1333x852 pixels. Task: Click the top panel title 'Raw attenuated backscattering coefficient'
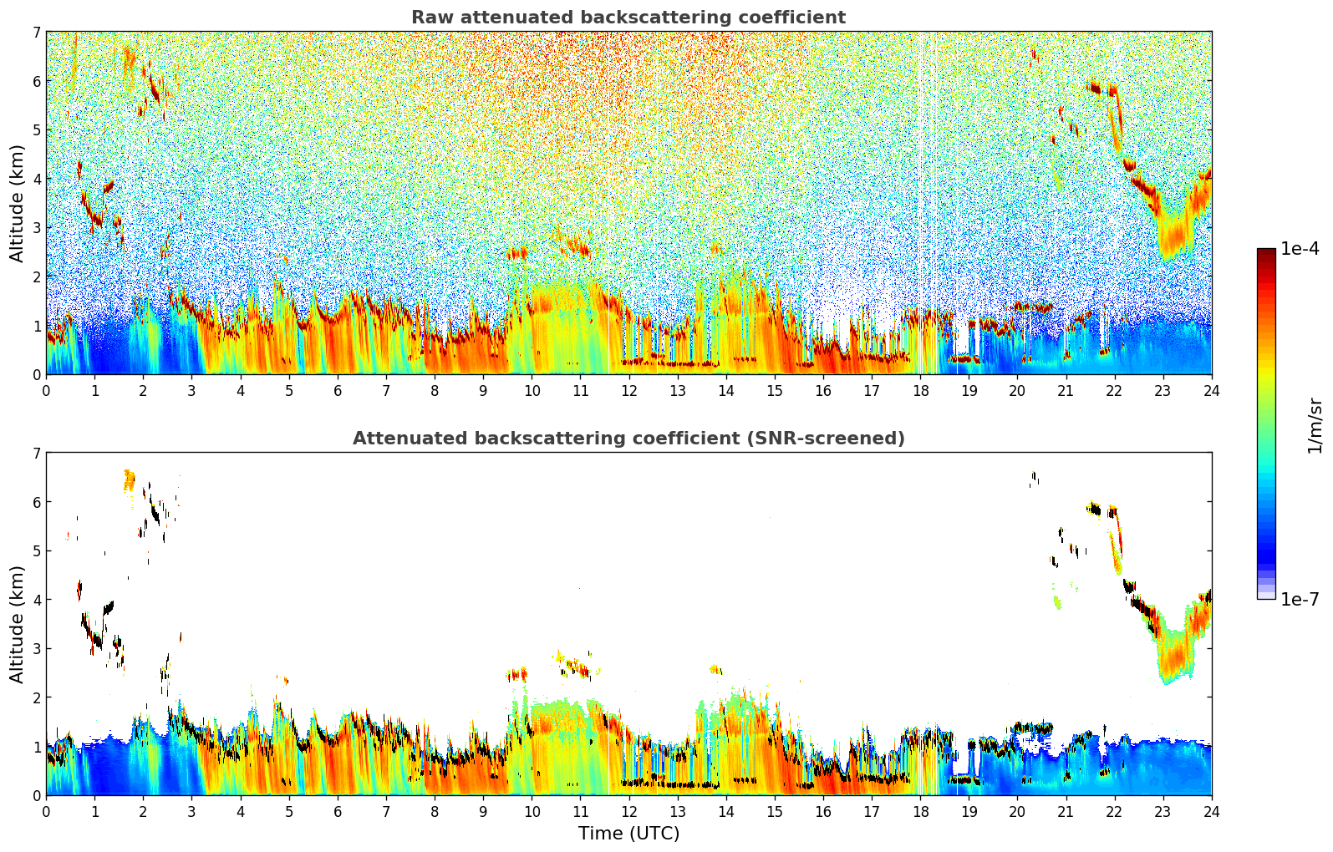(x=628, y=18)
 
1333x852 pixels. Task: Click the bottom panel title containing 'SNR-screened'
(x=628, y=439)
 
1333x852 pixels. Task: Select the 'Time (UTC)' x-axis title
(x=628, y=834)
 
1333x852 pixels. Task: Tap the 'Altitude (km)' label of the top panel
(x=17, y=203)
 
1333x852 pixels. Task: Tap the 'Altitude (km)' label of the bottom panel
(x=17, y=624)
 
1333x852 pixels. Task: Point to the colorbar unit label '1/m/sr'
(x=1315, y=426)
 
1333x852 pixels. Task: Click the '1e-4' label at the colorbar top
(x=1300, y=249)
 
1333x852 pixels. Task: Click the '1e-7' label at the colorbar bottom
(x=1300, y=599)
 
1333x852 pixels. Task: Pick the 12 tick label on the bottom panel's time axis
(x=628, y=812)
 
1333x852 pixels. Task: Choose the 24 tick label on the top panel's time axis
(x=1211, y=391)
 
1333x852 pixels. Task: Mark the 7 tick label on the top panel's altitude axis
(x=36, y=33)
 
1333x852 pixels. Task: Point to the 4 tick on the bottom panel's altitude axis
(x=36, y=600)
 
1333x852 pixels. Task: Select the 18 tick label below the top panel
(x=920, y=391)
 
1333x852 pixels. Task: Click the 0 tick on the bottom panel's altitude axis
(x=36, y=795)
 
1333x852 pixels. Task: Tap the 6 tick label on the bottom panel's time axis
(x=338, y=812)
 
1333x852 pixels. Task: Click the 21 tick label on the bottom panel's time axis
(x=1066, y=812)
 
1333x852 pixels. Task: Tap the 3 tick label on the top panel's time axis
(x=192, y=391)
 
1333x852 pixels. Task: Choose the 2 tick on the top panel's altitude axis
(x=36, y=276)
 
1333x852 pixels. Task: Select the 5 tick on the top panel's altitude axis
(x=36, y=130)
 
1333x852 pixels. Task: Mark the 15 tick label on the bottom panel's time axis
(x=775, y=812)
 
